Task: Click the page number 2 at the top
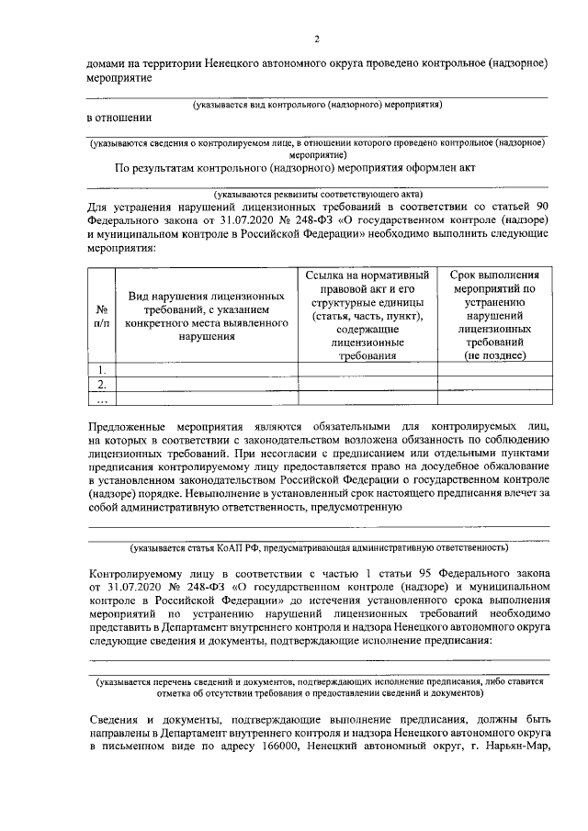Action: point(317,39)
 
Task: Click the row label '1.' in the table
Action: point(101,370)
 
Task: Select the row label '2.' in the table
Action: point(101,384)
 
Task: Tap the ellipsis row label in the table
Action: point(101,399)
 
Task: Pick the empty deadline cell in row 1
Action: point(494,370)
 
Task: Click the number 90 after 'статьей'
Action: point(541,208)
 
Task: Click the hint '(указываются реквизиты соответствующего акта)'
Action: point(317,194)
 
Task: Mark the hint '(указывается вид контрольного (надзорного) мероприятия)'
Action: point(317,104)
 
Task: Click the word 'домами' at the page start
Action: point(105,65)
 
